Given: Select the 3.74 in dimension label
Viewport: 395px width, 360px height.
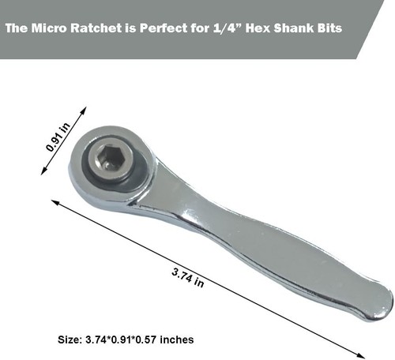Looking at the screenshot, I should (x=187, y=277).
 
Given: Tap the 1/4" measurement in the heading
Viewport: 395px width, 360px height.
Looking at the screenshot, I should (x=220, y=29).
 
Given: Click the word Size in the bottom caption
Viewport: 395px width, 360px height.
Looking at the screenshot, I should (x=70, y=339).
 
